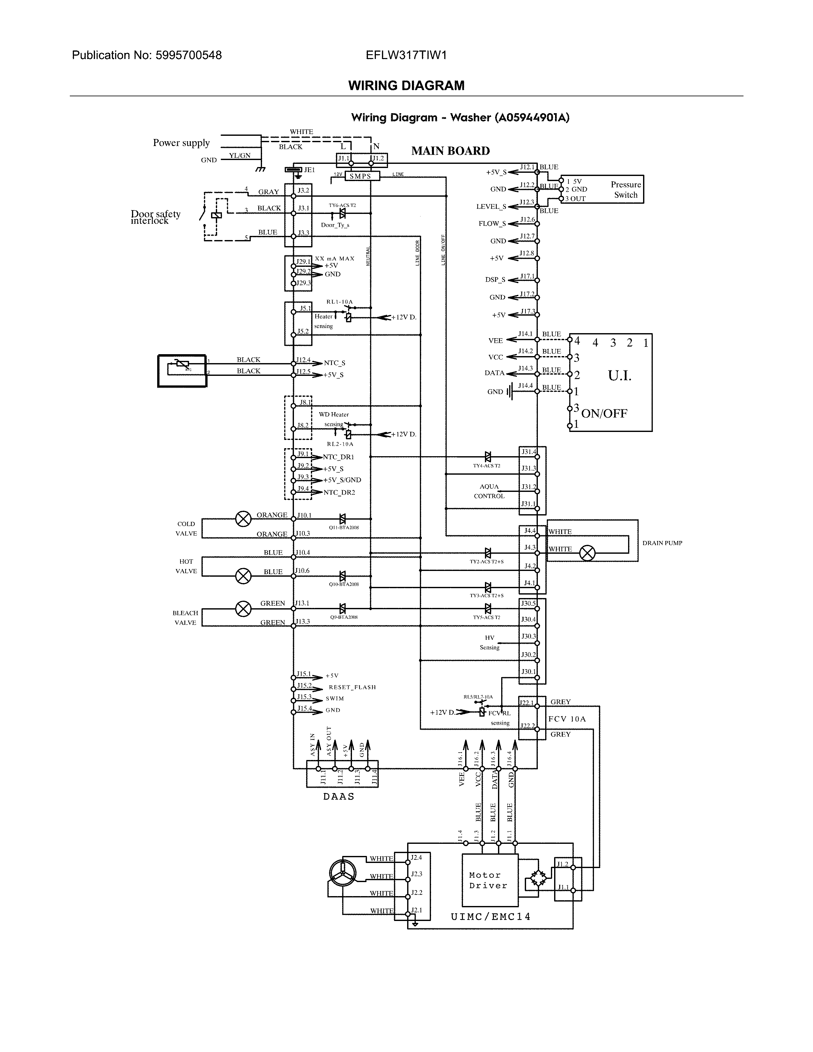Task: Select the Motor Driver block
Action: [490, 880]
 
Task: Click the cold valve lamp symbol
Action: [243, 519]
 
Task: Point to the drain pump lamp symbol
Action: [587, 553]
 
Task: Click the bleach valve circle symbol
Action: [243, 609]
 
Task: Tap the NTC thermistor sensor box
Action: [182, 370]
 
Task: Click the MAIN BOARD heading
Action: [450, 151]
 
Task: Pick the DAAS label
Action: [339, 796]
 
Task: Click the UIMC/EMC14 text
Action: [491, 917]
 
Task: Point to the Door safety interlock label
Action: [155, 217]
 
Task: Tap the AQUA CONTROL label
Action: [489, 491]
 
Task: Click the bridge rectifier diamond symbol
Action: [538, 880]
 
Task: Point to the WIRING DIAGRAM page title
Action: [406, 86]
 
